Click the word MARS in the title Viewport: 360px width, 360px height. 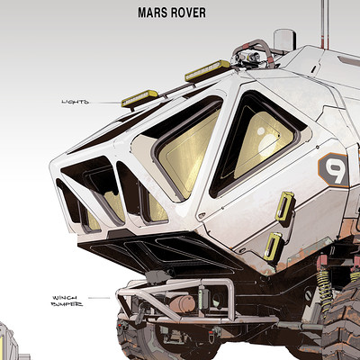click(x=152, y=13)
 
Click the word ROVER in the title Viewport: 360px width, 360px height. click(x=187, y=13)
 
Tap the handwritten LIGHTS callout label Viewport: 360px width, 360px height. click(x=76, y=102)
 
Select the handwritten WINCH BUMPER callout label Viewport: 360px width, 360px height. click(x=67, y=301)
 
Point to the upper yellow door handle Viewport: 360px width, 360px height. click(x=284, y=206)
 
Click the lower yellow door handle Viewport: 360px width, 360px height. click(x=273, y=246)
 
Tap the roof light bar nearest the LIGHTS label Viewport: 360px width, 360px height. click(x=139, y=98)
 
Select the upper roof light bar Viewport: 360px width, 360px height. click(x=207, y=70)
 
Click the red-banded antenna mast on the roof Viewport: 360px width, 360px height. click(x=325, y=24)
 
